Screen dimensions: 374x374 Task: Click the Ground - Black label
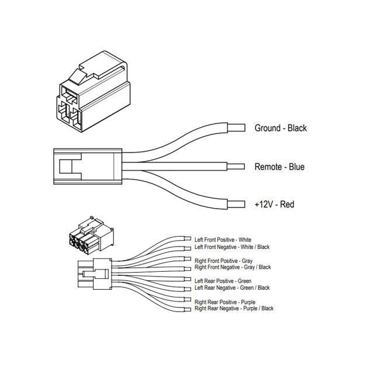tap(280, 128)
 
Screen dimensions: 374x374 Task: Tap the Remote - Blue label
tap(279, 167)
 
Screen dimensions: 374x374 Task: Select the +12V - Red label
tap(274, 204)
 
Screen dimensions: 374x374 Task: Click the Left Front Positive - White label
tap(223, 240)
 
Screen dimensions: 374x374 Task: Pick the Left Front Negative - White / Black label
tap(232, 247)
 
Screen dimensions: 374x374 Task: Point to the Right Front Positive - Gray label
tap(224, 260)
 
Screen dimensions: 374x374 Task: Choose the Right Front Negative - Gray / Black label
tap(233, 267)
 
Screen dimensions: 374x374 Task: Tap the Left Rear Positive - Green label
tap(223, 280)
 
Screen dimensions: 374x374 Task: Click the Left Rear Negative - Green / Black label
tap(232, 288)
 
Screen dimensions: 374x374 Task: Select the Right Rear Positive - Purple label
tap(224, 302)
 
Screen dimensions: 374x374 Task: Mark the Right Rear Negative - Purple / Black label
tap(234, 308)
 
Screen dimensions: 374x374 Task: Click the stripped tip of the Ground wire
tap(236, 127)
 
